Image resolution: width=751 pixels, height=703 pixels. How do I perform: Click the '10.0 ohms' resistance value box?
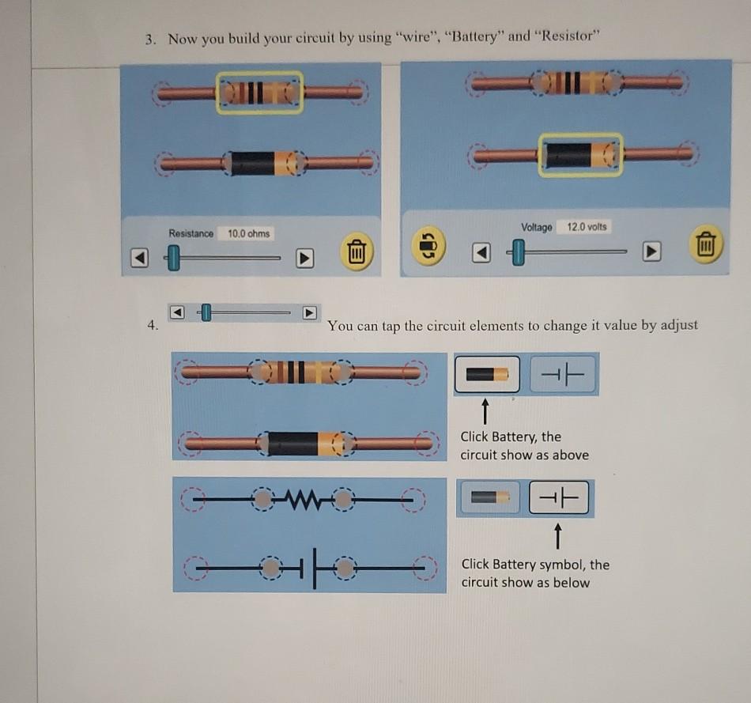pos(248,233)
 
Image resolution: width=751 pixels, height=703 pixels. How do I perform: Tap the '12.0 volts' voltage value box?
pos(587,227)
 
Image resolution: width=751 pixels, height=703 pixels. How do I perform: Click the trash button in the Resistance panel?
pos(356,252)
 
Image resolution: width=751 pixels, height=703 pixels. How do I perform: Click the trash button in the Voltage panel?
pos(706,244)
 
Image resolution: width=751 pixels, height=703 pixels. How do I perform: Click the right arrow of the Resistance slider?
pos(304,258)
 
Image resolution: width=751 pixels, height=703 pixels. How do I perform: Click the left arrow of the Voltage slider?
pos(481,252)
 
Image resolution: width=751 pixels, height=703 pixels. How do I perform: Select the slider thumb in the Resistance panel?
pos(173,258)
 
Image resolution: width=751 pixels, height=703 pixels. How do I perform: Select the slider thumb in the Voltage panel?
pos(518,252)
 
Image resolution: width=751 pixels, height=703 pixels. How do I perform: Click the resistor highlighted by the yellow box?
pos(259,93)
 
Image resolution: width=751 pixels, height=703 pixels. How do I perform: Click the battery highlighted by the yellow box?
pos(581,155)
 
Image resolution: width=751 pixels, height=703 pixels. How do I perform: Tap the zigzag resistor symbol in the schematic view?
pos(300,500)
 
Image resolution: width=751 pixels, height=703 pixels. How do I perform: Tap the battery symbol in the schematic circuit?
pos(315,568)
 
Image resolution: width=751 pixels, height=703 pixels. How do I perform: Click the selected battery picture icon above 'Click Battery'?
pos(487,374)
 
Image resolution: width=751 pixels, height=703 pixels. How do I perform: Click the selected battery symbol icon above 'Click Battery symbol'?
pos(559,497)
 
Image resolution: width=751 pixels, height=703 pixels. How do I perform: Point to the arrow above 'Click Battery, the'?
pos(485,412)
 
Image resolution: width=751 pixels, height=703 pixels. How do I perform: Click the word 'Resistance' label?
pos(191,233)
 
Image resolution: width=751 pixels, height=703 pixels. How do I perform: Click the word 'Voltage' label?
pos(537,228)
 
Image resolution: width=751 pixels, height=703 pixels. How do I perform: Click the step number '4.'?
pos(153,325)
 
